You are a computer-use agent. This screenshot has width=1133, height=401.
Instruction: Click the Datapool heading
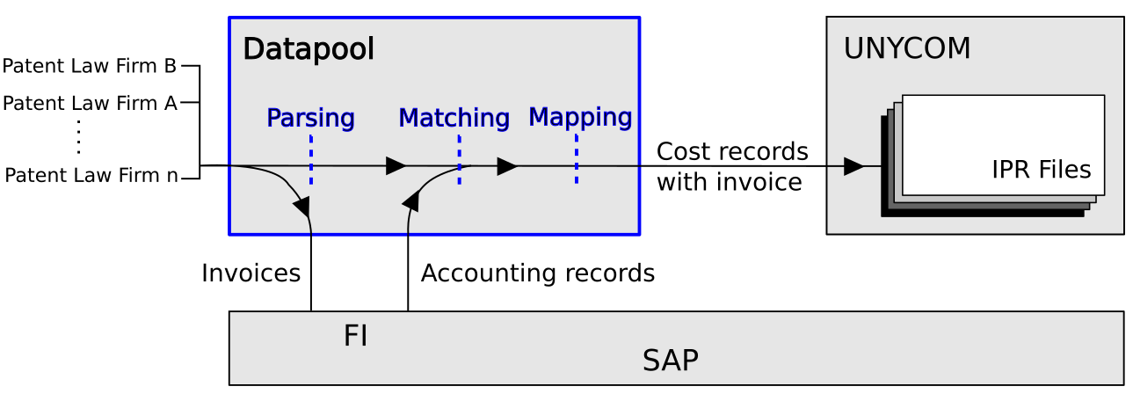point(309,50)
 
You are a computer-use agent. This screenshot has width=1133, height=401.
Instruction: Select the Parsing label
point(310,118)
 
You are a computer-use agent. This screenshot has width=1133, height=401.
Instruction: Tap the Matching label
point(454,118)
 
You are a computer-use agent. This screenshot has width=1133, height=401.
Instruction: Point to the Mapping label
point(580,117)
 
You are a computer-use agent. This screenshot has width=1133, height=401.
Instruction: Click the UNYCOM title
point(907,49)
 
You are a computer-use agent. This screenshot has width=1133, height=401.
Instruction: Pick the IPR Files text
point(1041,170)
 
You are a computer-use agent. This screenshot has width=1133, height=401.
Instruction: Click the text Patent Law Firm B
point(90,66)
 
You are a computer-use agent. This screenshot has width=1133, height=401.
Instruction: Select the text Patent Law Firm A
point(90,104)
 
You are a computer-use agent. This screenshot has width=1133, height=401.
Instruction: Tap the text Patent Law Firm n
point(91,175)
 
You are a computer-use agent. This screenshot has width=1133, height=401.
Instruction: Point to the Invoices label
point(251,273)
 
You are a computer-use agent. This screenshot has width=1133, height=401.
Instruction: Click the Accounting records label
point(538,273)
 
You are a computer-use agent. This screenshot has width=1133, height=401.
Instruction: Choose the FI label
point(355,336)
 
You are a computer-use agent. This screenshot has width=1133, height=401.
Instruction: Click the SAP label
point(671,361)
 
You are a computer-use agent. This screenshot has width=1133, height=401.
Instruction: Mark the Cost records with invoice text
point(732,166)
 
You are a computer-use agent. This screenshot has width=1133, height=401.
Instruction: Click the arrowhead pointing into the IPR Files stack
point(853,166)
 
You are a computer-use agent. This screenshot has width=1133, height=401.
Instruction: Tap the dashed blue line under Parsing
point(311,159)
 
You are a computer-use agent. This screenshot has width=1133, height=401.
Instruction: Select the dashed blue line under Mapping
point(577,158)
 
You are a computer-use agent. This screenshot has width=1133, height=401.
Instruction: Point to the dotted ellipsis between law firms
point(79,137)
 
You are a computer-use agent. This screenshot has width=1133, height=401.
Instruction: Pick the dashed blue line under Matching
point(460,159)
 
